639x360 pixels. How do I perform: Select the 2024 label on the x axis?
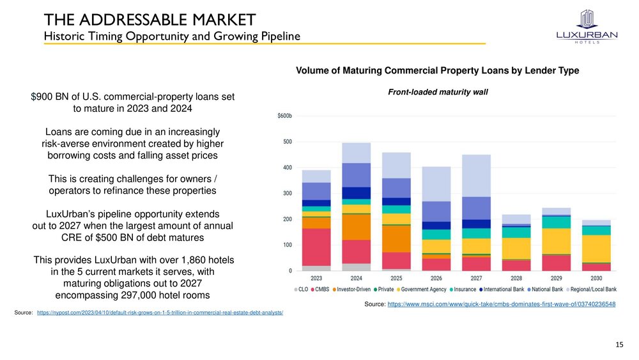coord(356,278)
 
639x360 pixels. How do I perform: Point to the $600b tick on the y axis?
coord(284,116)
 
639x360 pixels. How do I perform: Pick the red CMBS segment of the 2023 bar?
coord(316,247)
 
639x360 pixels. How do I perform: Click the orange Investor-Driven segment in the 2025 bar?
coord(396,239)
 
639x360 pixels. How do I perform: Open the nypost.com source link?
coord(160,312)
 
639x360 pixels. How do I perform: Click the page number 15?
coord(619,345)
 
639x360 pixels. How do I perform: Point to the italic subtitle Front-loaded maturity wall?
coord(438,92)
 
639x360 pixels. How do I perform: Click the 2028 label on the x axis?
coord(516,278)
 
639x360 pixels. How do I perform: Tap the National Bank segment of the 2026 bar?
coord(436,212)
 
